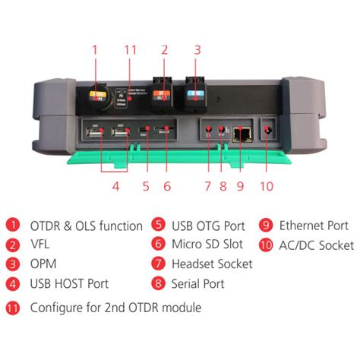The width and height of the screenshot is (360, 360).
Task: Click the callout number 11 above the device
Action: click(130, 50)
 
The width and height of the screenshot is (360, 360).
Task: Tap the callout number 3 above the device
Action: click(197, 50)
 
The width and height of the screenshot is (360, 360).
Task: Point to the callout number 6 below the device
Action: click(167, 185)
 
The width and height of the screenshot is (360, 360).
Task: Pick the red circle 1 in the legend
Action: click(13, 226)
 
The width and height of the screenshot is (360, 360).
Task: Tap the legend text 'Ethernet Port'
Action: click(314, 226)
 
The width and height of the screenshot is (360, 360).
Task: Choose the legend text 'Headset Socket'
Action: click(213, 264)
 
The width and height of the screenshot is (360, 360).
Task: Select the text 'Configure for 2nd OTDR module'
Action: click(115, 308)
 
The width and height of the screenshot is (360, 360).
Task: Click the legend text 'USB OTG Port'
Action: click(208, 226)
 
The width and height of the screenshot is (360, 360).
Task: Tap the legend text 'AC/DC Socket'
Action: click(317, 245)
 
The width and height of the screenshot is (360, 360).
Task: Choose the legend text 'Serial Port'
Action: click(198, 283)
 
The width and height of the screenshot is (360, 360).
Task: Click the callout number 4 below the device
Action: click(115, 185)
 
